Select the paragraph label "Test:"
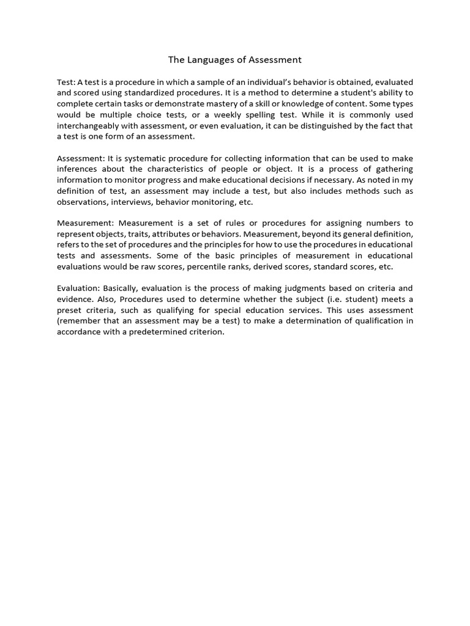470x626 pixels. pyautogui.click(x=66, y=82)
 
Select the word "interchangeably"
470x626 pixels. pyautogui.click(x=88, y=126)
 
